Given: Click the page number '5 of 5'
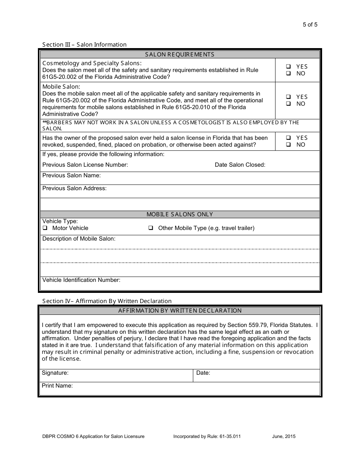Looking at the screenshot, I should [x=310, y=25].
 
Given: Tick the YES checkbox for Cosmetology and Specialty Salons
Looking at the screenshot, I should [x=288, y=66].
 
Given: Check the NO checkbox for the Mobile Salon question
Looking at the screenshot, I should [x=288, y=104].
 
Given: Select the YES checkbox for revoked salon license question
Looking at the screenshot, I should [x=288, y=138].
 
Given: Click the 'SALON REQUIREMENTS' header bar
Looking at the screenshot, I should [x=180, y=54].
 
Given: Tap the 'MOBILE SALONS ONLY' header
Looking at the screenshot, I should [x=180, y=214].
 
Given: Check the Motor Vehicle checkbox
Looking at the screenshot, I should [x=45, y=228].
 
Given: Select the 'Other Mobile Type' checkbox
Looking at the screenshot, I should [x=150, y=228].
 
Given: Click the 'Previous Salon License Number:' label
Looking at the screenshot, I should [x=85, y=165].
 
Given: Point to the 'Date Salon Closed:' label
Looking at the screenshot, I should [x=240, y=165].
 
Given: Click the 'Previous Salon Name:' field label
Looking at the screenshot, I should [x=71, y=175].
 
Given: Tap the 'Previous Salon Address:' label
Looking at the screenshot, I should [x=74, y=188].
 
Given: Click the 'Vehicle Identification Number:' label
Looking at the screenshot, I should [x=81, y=280].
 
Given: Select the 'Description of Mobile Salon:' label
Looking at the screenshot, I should [x=79, y=239].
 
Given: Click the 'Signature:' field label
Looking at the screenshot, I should [x=55, y=373].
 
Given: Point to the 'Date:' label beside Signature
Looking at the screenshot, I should [x=203, y=373].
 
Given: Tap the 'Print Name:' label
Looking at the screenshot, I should [x=57, y=386].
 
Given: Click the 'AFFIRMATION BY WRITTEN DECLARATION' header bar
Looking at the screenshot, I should [x=180, y=311].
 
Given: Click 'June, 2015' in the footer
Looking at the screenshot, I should [x=284, y=436].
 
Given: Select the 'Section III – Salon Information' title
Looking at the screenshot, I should [x=84, y=45].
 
